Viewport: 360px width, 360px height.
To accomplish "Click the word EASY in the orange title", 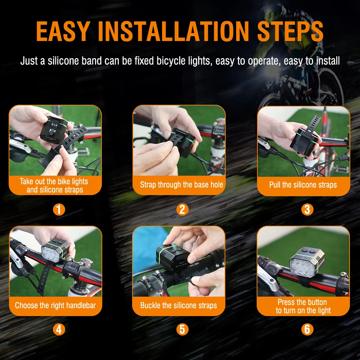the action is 63,31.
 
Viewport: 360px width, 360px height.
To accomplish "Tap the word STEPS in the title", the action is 290,31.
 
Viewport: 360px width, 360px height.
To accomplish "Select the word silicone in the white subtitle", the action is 63,61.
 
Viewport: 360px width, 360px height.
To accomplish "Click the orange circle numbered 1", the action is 59,210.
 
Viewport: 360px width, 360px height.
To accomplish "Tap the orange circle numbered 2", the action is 182,210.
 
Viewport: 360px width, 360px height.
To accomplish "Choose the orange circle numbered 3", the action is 307,210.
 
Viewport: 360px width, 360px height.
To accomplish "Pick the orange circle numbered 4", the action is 59,329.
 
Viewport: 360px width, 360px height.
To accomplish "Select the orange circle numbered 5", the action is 182,329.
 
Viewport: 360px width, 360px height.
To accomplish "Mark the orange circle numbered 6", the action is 307,329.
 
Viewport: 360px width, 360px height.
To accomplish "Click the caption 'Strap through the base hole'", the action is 181,185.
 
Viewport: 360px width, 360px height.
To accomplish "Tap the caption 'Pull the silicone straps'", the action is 303,185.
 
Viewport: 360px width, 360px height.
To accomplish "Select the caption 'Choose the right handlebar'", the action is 55,305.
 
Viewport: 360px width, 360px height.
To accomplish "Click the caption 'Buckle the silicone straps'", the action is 179,305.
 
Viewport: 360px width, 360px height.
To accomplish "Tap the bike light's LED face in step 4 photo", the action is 50,253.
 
